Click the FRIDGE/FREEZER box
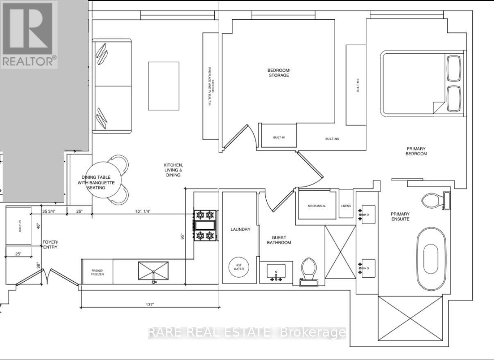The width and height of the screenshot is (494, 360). [x=97, y=272]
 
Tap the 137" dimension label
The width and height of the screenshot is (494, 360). [x=150, y=305]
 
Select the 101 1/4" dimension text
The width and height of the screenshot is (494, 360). [x=143, y=212]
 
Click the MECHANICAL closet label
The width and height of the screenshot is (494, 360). [x=317, y=206]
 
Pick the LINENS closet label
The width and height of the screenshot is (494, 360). [x=346, y=206]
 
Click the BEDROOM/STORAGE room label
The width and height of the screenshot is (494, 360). [x=278, y=73]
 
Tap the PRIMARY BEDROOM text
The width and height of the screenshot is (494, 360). [x=417, y=151]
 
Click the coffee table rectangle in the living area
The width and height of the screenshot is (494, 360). [x=163, y=86]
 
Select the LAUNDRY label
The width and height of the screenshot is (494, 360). [x=240, y=230]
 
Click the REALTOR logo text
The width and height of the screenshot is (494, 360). [x=29, y=62]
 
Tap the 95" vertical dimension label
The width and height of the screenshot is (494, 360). [x=183, y=237]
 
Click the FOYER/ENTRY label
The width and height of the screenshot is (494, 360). [x=51, y=245]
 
